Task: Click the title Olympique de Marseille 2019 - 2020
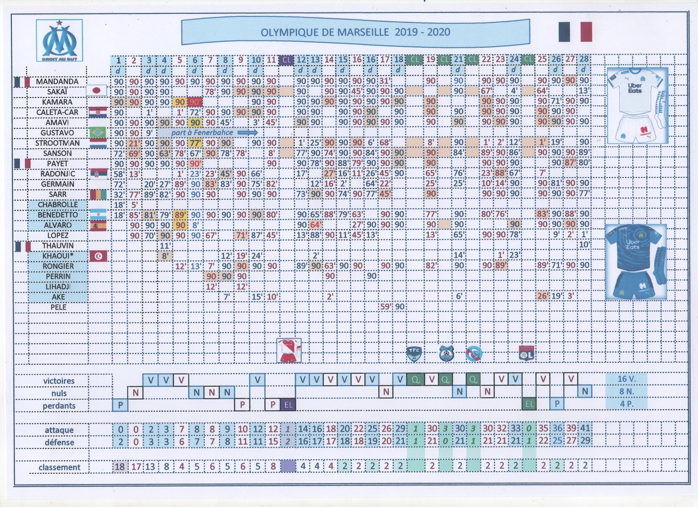tap(355, 32)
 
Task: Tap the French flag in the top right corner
tap(575, 31)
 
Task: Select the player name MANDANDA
tap(57, 81)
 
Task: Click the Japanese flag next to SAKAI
tap(96, 90)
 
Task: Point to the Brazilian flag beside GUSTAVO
tap(97, 132)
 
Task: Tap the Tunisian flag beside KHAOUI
tap(98, 256)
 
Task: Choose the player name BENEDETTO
tap(58, 215)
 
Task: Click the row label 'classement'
tap(59, 467)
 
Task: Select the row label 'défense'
tap(59, 442)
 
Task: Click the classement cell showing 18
tap(119, 467)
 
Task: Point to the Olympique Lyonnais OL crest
tap(526, 353)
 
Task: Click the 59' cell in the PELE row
tap(385, 307)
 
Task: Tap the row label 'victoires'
tap(59, 381)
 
